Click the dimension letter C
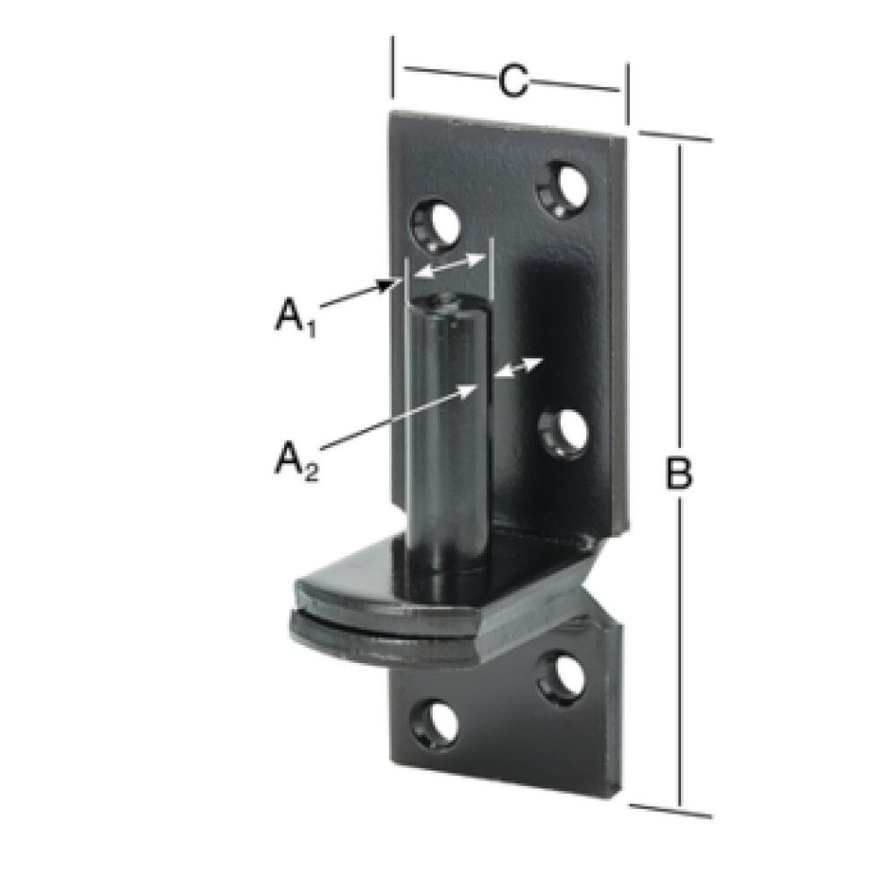[x=510, y=81]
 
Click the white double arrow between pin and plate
[x=521, y=367]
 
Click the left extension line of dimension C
[x=393, y=67]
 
